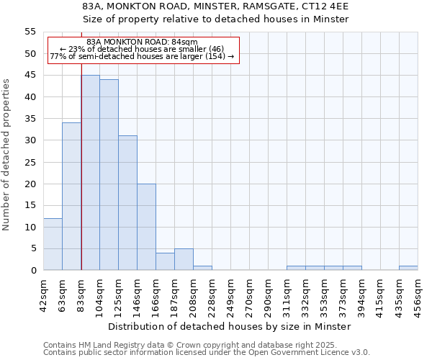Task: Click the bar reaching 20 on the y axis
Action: click(x=146, y=227)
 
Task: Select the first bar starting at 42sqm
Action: click(x=53, y=244)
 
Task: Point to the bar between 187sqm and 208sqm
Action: click(x=184, y=259)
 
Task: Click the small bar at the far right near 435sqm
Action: click(x=408, y=268)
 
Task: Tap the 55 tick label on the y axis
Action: click(x=30, y=32)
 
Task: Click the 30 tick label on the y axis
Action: click(x=30, y=140)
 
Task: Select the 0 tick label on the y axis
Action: click(x=33, y=271)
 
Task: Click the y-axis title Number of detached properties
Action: click(x=7, y=155)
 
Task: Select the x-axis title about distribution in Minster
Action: click(x=230, y=326)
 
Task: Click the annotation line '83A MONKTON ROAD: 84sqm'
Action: click(x=142, y=42)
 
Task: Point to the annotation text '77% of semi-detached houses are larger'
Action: click(x=142, y=56)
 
